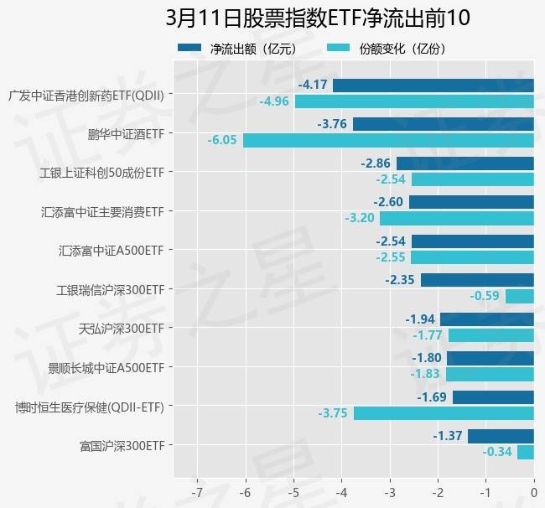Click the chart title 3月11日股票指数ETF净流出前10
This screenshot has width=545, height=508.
click(x=318, y=18)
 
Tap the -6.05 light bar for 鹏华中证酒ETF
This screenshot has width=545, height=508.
click(x=388, y=140)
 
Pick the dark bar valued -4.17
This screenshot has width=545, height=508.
click(x=433, y=85)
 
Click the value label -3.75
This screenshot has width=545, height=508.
click(x=333, y=413)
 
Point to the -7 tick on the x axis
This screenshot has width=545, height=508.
click(x=197, y=490)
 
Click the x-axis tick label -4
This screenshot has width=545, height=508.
click(x=341, y=490)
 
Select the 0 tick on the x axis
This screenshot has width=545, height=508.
click(x=533, y=490)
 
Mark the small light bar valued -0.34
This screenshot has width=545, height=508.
click(x=525, y=452)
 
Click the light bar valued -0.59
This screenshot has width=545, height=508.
click(x=519, y=296)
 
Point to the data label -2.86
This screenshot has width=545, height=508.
click(x=376, y=163)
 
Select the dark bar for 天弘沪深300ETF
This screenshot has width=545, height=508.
click(x=487, y=319)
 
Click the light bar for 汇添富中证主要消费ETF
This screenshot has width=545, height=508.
click(x=456, y=218)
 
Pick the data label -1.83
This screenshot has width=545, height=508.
click(x=425, y=374)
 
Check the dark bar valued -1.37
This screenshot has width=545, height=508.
click(x=501, y=436)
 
